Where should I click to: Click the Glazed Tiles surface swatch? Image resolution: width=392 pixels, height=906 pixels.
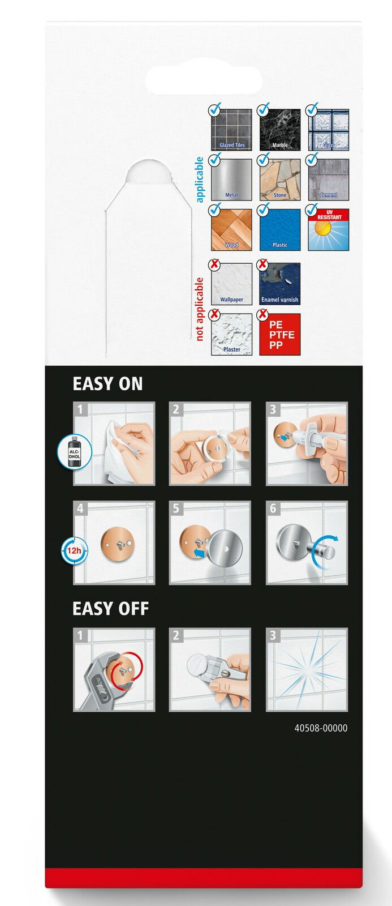click(231, 130)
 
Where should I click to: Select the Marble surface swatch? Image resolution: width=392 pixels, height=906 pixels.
click(279, 130)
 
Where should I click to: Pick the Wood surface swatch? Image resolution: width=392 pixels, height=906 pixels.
click(231, 230)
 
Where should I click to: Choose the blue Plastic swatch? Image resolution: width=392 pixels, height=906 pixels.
click(279, 230)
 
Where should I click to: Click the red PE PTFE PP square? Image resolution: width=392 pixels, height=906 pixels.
click(279, 335)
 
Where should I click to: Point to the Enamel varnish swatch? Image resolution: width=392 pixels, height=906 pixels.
click(279, 284)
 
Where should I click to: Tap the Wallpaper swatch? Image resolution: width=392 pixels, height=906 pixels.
click(231, 284)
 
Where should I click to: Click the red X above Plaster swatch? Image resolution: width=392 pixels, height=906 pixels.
click(214, 314)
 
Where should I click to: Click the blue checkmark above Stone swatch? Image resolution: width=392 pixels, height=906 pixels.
click(263, 159)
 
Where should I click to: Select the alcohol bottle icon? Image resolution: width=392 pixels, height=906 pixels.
click(74, 452)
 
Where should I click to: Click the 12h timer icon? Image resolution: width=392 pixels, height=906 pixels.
click(74, 550)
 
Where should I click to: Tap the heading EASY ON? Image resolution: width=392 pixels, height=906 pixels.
click(107, 384)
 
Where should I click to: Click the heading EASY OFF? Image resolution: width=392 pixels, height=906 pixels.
click(111, 609)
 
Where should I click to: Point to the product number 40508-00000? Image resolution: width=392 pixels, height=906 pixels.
click(321, 728)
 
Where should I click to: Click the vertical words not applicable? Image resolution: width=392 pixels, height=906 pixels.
click(199, 309)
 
